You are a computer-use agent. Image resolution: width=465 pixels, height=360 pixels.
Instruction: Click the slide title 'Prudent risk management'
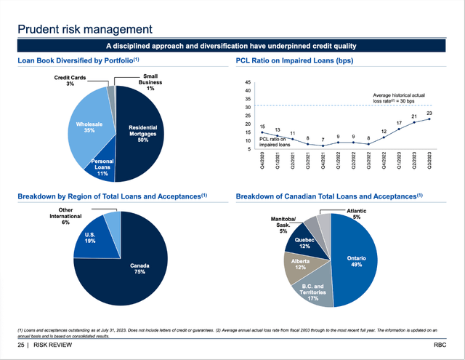tap(85, 29)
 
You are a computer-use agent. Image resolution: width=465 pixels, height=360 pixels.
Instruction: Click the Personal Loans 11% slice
tap(101, 168)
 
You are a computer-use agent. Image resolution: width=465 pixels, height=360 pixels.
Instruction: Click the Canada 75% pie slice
tap(138, 269)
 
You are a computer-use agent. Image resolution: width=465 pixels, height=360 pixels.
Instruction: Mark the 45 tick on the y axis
tap(248, 82)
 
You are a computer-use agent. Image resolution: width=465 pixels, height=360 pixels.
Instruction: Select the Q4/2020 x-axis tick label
tap(262, 163)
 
